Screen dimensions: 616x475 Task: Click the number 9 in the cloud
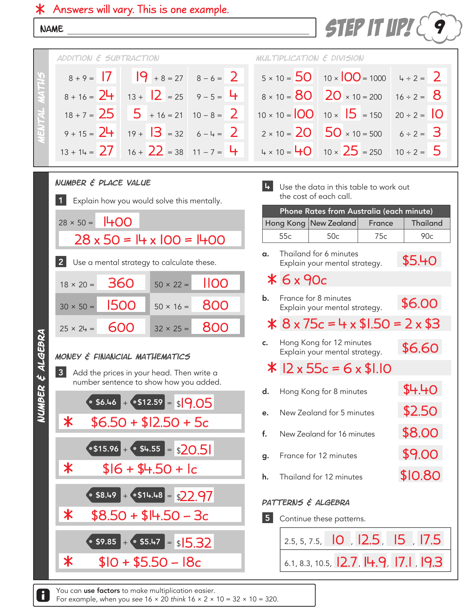(x=440, y=27)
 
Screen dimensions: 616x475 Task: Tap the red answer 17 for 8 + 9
(x=107, y=77)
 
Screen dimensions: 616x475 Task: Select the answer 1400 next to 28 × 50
(x=117, y=222)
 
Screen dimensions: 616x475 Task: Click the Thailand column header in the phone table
(x=427, y=223)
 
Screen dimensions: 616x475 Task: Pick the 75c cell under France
(x=380, y=236)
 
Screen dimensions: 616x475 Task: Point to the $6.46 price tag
(x=103, y=402)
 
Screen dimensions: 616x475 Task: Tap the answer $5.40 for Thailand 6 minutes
(x=419, y=260)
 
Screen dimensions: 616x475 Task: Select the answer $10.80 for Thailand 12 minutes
(x=420, y=475)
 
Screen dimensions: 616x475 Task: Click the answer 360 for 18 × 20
(x=121, y=283)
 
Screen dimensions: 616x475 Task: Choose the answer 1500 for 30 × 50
(x=121, y=305)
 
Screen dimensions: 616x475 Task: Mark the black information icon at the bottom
(x=43, y=595)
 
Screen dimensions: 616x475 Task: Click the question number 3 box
(x=61, y=372)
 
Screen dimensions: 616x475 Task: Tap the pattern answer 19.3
(x=431, y=562)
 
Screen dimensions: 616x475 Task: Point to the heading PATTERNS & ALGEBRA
(x=305, y=503)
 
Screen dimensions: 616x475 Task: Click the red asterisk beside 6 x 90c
(x=272, y=279)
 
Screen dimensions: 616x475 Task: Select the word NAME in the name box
(x=52, y=29)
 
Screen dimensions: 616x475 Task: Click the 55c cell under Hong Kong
(x=285, y=236)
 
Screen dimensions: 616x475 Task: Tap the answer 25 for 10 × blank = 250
(x=350, y=151)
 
